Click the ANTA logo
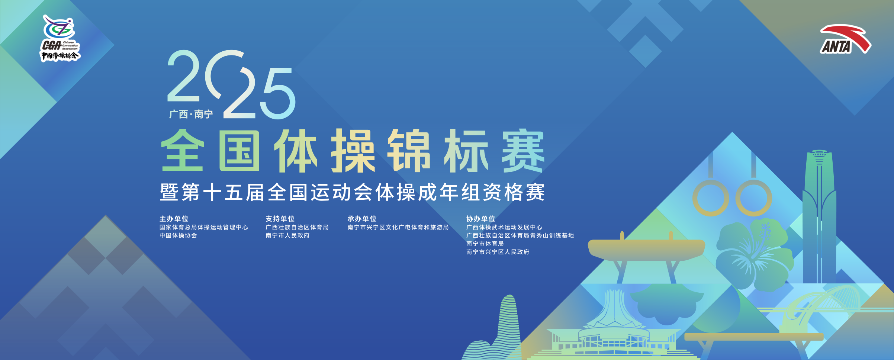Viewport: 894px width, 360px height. click(845, 39)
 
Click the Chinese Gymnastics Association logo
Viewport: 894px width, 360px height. click(60, 38)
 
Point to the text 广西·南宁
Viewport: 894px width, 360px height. click(191, 114)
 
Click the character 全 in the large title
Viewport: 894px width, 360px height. click(183, 151)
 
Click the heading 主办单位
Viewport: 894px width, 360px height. click(174, 219)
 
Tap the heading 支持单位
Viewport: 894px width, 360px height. click(280, 219)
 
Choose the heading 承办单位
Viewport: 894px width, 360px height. click(362, 219)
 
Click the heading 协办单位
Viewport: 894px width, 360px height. click(481, 219)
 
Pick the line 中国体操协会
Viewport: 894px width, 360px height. click(178, 235)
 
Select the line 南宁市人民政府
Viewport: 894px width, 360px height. click(287, 235)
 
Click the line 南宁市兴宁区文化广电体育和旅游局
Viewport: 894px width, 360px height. click(398, 227)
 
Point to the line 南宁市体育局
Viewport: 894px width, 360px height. click(485, 244)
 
